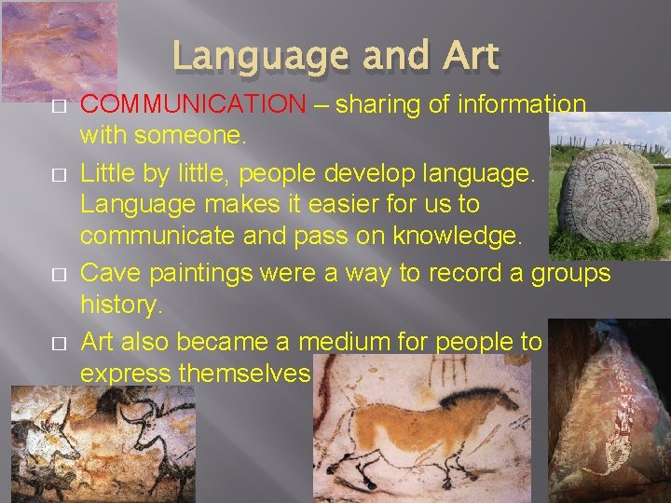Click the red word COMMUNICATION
193,104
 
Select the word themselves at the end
243,374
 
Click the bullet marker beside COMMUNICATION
58,106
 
